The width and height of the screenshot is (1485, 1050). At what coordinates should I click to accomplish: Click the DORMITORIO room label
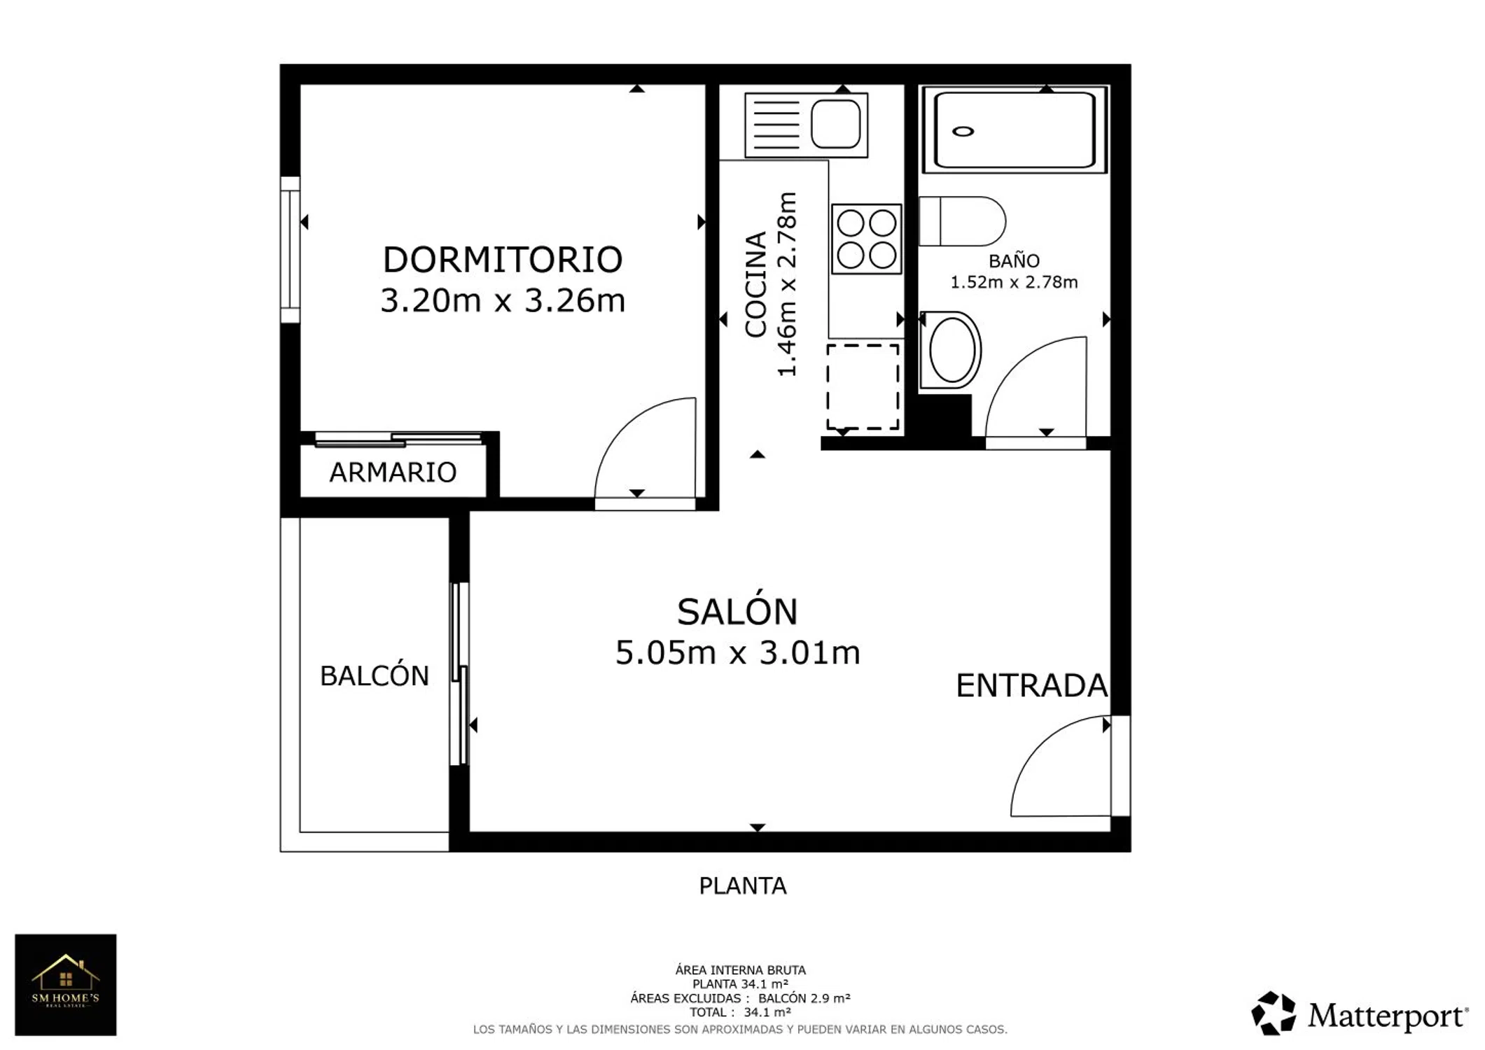[502, 260]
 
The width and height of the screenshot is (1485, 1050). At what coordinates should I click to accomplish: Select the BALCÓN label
[374, 675]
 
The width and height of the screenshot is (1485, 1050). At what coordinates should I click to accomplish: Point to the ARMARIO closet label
[393, 472]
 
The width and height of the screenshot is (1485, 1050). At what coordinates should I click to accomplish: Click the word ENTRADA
[1031, 686]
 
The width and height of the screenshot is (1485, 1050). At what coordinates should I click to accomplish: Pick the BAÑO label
[1014, 260]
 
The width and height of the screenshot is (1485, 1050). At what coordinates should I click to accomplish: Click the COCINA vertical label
[756, 285]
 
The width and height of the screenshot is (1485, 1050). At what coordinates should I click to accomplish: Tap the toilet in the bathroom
[962, 221]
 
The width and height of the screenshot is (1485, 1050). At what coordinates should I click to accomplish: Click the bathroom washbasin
[951, 350]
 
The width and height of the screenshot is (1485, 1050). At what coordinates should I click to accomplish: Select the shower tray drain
[963, 131]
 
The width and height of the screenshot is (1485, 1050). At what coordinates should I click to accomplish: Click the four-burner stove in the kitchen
[866, 239]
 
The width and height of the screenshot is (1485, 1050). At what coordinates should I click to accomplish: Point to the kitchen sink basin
[835, 124]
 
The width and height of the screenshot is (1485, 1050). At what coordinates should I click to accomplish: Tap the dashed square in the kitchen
[863, 386]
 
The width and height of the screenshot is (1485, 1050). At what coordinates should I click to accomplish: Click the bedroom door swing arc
[625, 427]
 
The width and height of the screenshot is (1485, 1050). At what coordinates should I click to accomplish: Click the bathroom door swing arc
[1015, 366]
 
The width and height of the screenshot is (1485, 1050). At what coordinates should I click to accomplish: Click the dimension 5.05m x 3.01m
[737, 652]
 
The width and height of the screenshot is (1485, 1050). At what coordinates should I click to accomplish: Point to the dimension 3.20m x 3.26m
[502, 300]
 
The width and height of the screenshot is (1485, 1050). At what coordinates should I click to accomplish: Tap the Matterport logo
[1360, 1014]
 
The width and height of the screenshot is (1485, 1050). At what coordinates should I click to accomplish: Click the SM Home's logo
[66, 985]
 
